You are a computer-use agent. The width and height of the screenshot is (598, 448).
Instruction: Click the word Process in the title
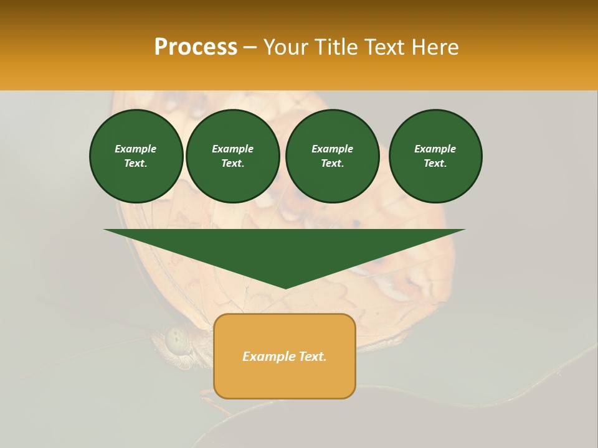[x=196, y=47]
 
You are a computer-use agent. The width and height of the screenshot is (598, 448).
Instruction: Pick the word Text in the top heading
[x=384, y=47]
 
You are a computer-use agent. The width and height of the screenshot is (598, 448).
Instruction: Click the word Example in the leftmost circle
[x=136, y=149]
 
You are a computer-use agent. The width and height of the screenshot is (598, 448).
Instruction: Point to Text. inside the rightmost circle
[x=435, y=163]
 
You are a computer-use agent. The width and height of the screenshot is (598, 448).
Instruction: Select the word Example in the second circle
[x=233, y=149]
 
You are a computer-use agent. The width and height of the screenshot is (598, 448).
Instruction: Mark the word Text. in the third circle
[x=332, y=163]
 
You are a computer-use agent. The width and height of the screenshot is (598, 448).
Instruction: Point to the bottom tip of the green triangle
[x=285, y=287]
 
